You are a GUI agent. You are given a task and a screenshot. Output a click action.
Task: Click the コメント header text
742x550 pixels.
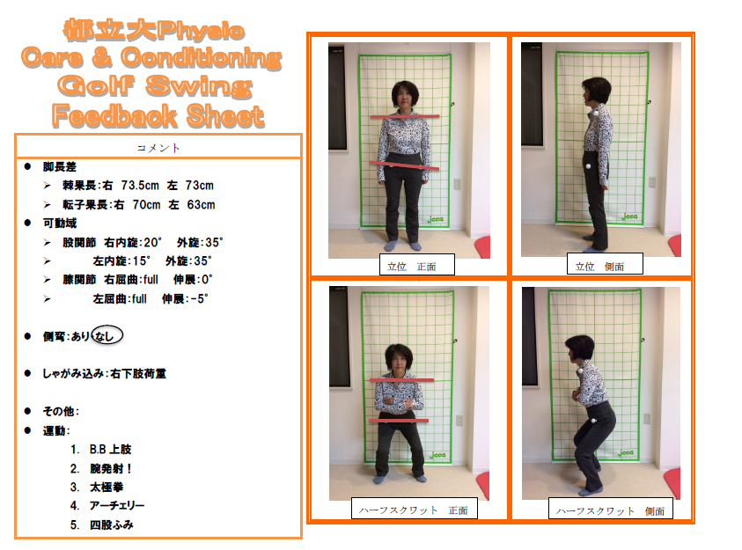point(158,148)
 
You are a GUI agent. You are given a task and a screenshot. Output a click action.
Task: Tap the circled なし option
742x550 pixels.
point(107,335)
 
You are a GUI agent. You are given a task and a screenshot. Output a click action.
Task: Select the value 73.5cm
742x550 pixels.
point(140,186)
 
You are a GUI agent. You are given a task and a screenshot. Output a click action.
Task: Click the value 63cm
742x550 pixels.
point(201,205)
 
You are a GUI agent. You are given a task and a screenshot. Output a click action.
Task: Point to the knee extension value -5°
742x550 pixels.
point(197,299)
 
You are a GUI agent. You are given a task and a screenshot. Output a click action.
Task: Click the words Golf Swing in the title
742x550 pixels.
point(154,86)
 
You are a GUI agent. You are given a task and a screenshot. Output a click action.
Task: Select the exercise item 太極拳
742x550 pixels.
point(107,488)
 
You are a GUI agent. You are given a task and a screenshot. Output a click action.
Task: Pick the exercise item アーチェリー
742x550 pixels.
point(117,506)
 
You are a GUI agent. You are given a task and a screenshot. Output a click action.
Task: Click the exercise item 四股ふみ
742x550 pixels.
point(112,525)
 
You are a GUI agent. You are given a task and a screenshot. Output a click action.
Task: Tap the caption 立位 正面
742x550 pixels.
point(412,267)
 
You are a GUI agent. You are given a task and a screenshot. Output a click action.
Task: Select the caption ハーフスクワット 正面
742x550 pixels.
point(413,510)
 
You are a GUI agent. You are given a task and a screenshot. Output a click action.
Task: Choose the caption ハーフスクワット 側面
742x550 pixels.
point(610,510)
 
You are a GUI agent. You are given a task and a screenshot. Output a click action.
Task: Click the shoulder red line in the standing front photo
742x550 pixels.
point(405,116)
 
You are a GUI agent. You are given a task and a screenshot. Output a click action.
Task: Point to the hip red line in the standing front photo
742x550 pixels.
point(404,165)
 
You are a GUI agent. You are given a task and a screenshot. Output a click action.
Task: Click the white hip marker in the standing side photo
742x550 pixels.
point(588,166)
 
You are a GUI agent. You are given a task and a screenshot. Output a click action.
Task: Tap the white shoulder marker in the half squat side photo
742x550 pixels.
point(580,372)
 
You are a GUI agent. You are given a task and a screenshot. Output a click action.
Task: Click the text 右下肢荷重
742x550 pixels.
point(138,374)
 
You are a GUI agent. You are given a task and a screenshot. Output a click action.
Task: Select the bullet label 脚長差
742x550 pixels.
point(60,166)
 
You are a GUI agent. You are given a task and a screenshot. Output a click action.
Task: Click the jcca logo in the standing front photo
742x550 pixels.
point(436,219)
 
